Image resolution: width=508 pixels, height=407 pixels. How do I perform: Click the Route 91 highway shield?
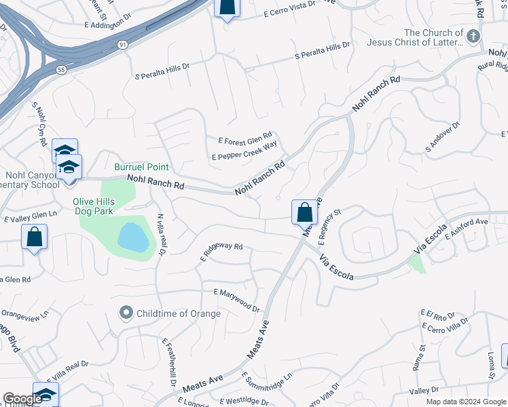[122, 45]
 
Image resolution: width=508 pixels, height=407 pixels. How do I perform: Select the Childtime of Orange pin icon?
[126, 313]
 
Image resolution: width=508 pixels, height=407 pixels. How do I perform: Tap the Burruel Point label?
[141, 167]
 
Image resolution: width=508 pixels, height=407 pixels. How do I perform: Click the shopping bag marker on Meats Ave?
[305, 212]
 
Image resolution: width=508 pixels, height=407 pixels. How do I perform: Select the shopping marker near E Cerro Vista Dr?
[227, 7]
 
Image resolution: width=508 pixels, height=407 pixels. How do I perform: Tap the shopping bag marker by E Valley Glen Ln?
[34, 238]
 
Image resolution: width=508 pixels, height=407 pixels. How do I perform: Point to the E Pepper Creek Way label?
[244, 151]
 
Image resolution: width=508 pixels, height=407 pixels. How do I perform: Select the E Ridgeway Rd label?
[221, 252]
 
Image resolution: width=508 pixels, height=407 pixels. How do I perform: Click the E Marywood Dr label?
[236, 298]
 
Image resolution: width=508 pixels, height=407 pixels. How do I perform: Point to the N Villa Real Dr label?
[161, 234]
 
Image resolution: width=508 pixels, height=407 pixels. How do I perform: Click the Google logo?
[22, 399]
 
